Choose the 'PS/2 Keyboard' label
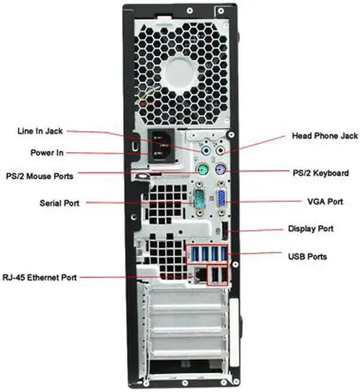321,173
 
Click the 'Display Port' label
310,229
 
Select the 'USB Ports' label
307,257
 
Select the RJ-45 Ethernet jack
199,275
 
